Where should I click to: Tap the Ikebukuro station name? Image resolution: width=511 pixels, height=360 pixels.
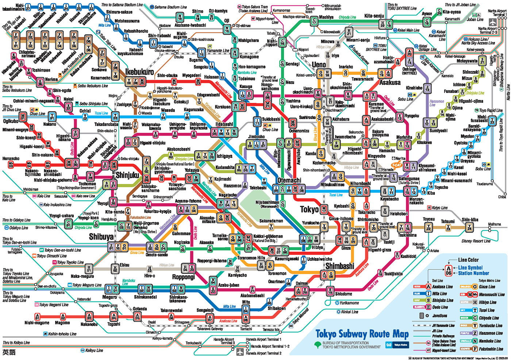coord(139,72)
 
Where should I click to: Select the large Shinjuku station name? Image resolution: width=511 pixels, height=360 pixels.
coord(127,175)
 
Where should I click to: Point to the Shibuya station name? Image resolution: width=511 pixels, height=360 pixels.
coord(101,237)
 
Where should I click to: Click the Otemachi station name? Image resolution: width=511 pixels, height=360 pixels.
coord(289,180)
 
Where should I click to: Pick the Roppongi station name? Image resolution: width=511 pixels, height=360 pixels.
coord(184,277)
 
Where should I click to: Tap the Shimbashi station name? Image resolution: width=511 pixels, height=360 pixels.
coord(339,266)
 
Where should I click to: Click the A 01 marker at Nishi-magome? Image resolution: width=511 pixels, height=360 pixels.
coord(37,316)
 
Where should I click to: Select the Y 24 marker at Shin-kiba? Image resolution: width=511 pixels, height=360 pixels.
coord(469,228)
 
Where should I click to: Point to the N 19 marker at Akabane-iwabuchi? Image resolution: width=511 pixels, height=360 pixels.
coord(180,17)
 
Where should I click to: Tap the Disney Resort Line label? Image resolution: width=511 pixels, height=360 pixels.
coord(476,241)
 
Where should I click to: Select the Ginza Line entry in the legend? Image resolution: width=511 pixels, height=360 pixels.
coord(487,287)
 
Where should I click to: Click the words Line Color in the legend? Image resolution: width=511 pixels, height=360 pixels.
coord(468,260)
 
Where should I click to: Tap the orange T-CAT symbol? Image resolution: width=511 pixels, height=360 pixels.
coord(396,165)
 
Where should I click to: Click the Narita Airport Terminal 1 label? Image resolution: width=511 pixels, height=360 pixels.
coord(497,13)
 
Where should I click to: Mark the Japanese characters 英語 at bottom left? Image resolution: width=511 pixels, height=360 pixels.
coord(9,352)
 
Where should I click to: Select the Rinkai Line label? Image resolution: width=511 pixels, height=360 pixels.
coord(350,312)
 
